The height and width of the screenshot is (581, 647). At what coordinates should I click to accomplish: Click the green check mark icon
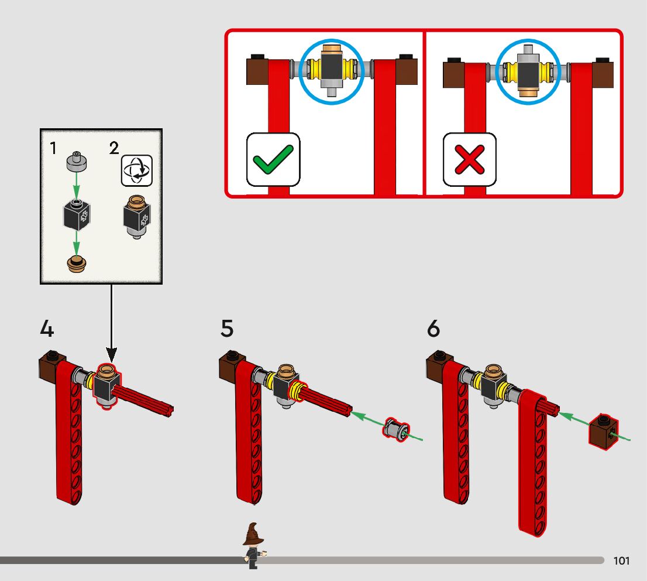click(273, 159)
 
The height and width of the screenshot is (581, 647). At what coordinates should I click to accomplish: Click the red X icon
click(469, 159)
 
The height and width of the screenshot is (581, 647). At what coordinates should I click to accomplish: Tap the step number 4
click(47, 329)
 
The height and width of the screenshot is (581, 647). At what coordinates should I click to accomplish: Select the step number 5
click(227, 329)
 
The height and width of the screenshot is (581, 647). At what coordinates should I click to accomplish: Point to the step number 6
click(433, 329)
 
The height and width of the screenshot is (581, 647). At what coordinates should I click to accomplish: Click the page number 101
click(622, 561)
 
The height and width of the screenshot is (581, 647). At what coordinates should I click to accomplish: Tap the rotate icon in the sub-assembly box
click(136, 170)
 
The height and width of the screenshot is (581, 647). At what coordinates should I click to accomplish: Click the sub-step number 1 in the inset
click(53, 148)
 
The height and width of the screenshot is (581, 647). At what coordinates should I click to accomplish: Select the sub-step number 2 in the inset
click(114, 148)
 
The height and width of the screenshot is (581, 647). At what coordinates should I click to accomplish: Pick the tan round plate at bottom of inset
click(76, 264)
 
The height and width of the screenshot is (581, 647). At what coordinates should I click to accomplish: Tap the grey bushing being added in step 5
click(395, 430)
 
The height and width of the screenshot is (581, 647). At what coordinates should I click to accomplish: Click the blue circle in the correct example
click(331, 72)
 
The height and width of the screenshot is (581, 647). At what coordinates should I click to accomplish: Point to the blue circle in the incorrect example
click(528, 72)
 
